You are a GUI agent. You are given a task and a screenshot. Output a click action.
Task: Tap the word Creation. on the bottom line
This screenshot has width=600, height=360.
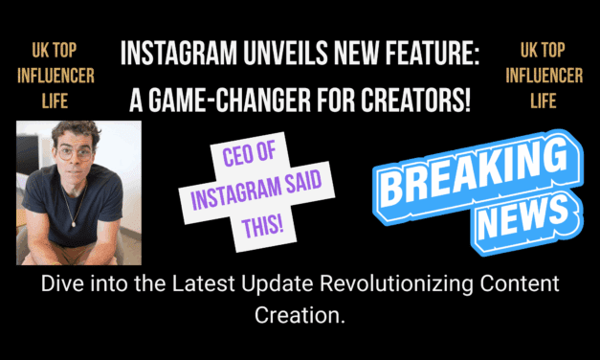click(x=299, y=312)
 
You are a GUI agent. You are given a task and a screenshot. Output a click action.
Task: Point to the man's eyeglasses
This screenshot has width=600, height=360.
click(x=72, y=152)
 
